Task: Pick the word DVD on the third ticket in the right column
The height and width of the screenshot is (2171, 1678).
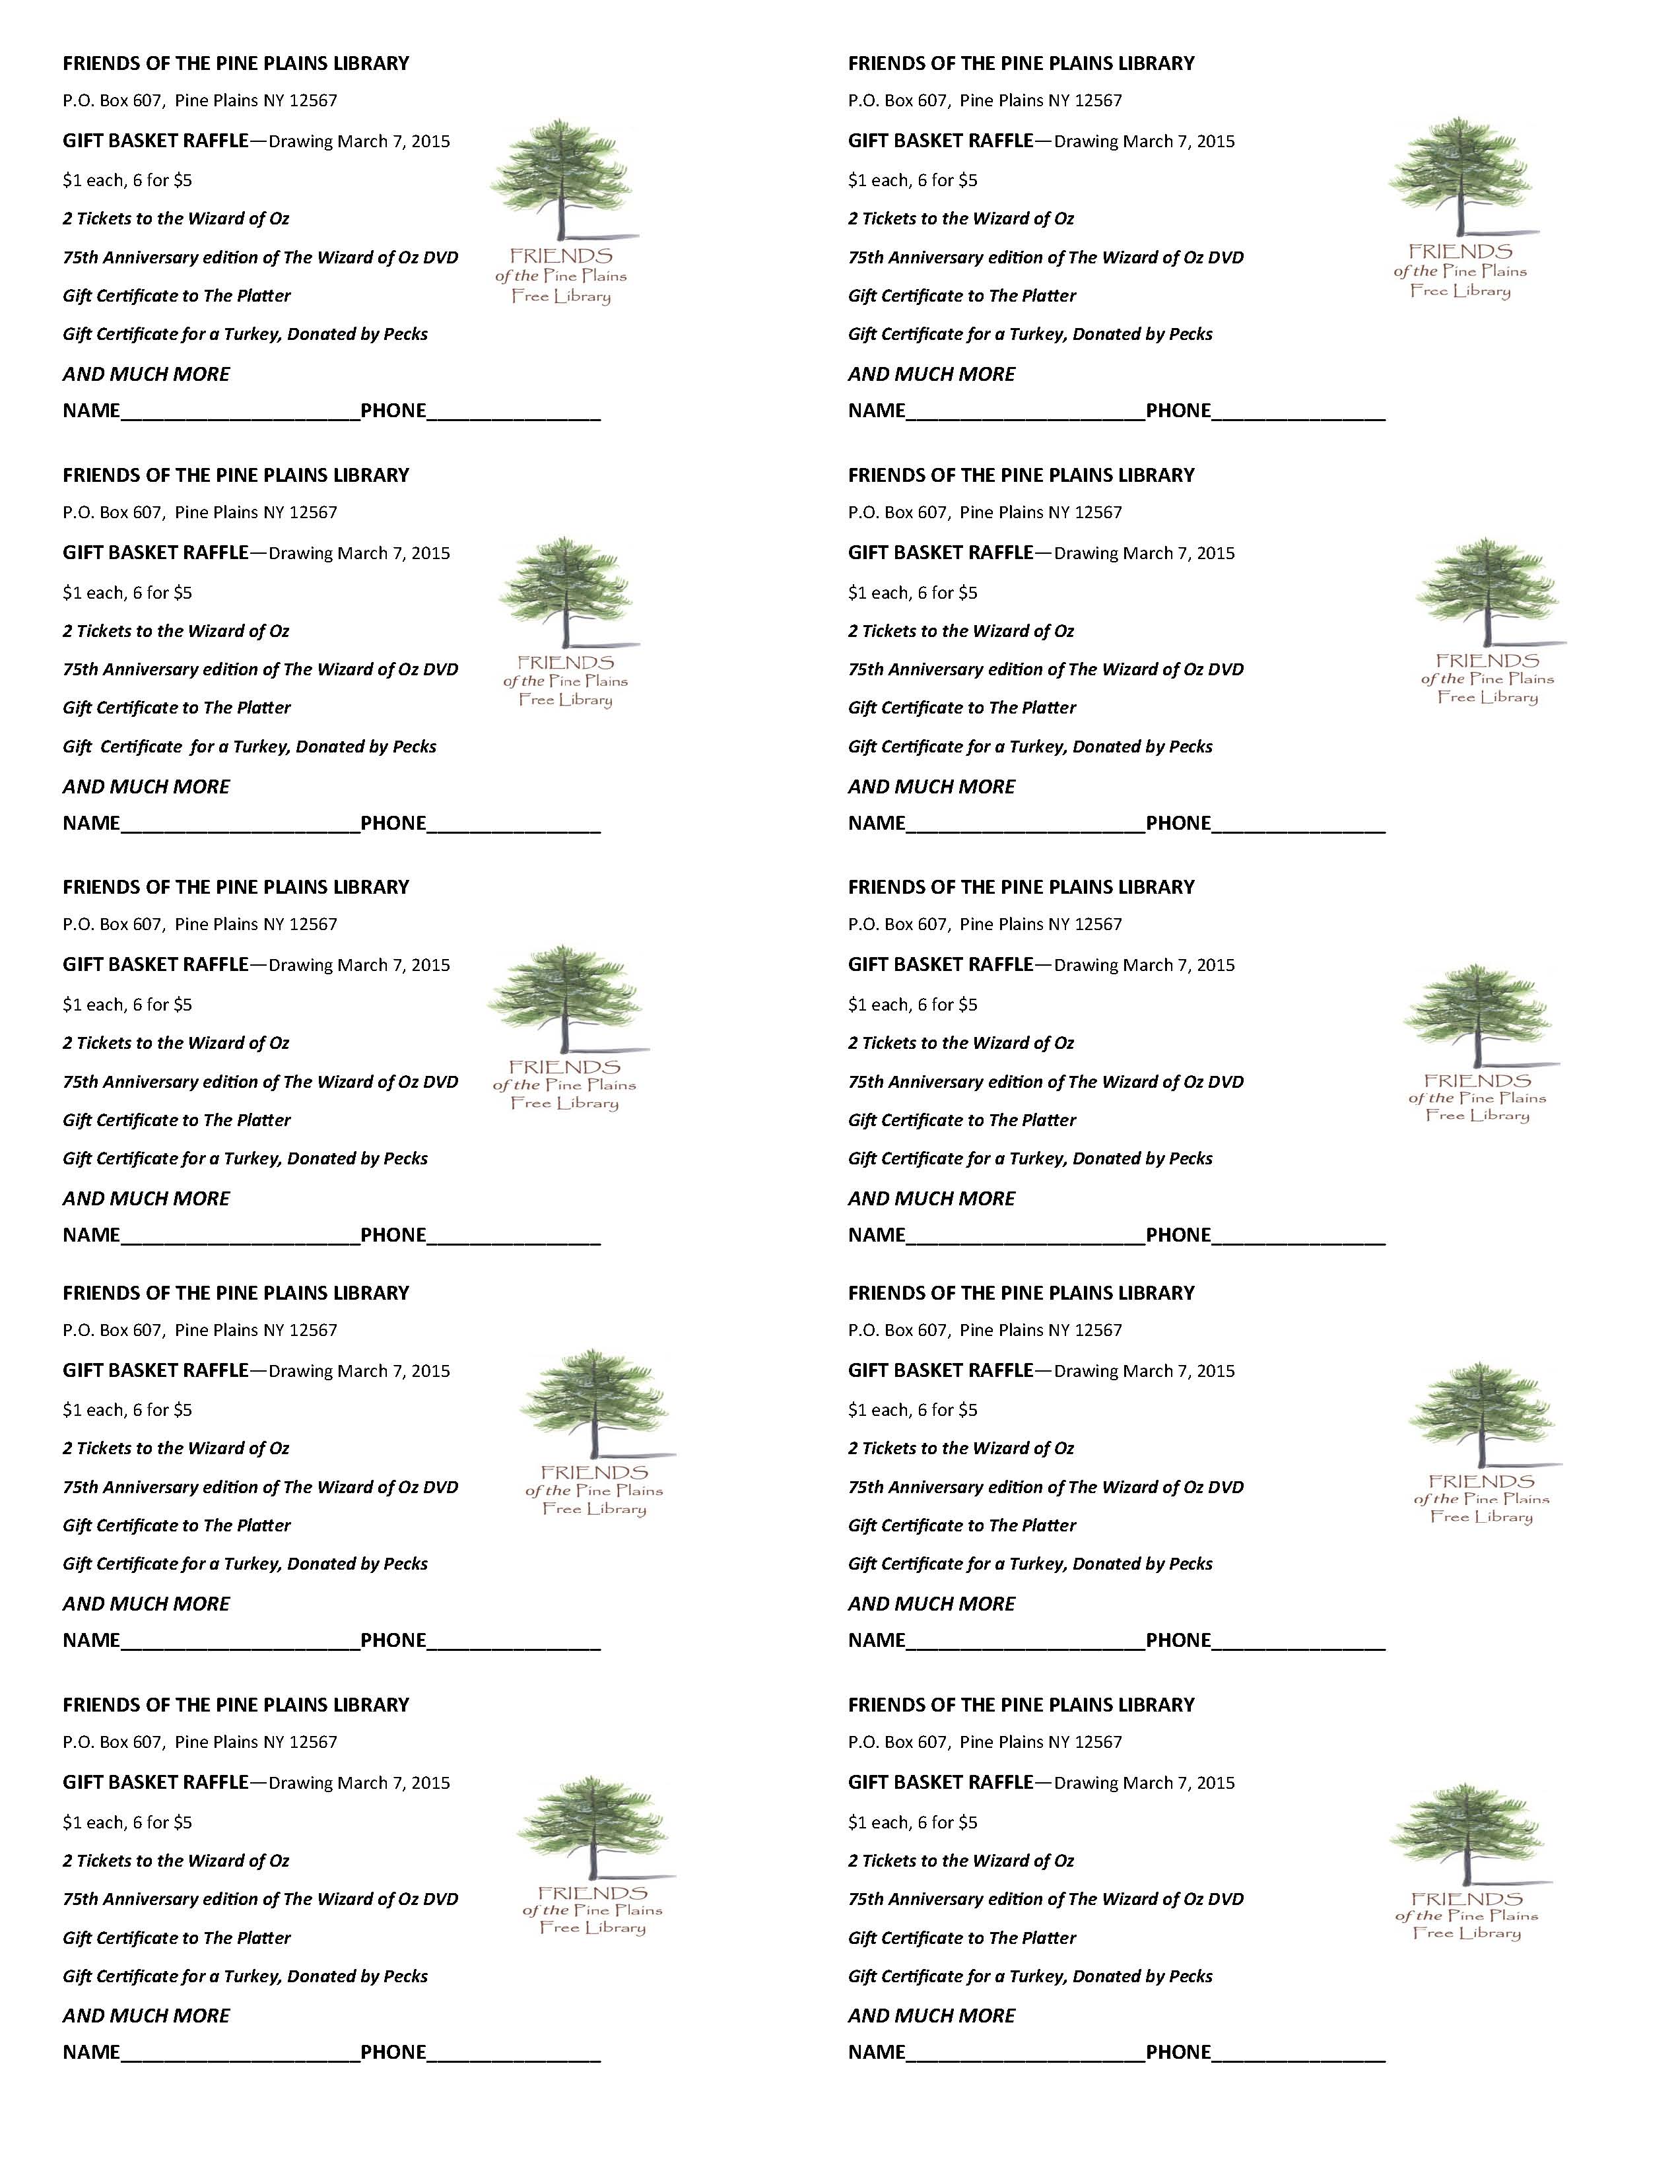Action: click(1226, 1081)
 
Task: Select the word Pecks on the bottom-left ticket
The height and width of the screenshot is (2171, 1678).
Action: click(405, 1976)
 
